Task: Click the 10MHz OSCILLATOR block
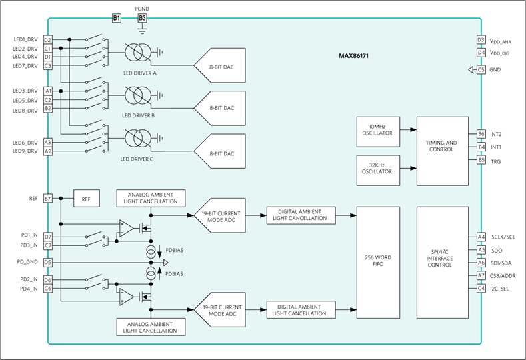(378, 132)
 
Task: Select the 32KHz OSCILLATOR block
(378, 170)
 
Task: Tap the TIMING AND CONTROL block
(443, 151)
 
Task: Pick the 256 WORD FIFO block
(378, 263)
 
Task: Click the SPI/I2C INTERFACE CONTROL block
(443, 263)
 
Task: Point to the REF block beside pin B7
(87, 198)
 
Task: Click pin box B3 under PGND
(142, 18)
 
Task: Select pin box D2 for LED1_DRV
(48, 40)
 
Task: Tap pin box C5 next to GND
(481, 70)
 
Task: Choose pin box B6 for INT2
(481, 134)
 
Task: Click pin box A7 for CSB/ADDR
(481, 275)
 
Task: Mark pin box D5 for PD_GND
(48, 263)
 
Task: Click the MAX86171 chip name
(353, 56)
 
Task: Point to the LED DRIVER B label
(138, 115)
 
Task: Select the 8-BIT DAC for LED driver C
(220, 151)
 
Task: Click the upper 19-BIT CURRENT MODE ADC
(220, 215)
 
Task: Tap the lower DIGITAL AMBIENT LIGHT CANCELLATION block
(301, 310)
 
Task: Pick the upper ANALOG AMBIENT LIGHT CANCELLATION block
(151, 198)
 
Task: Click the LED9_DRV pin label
(25, 151)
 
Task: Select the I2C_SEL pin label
(499, 289)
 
